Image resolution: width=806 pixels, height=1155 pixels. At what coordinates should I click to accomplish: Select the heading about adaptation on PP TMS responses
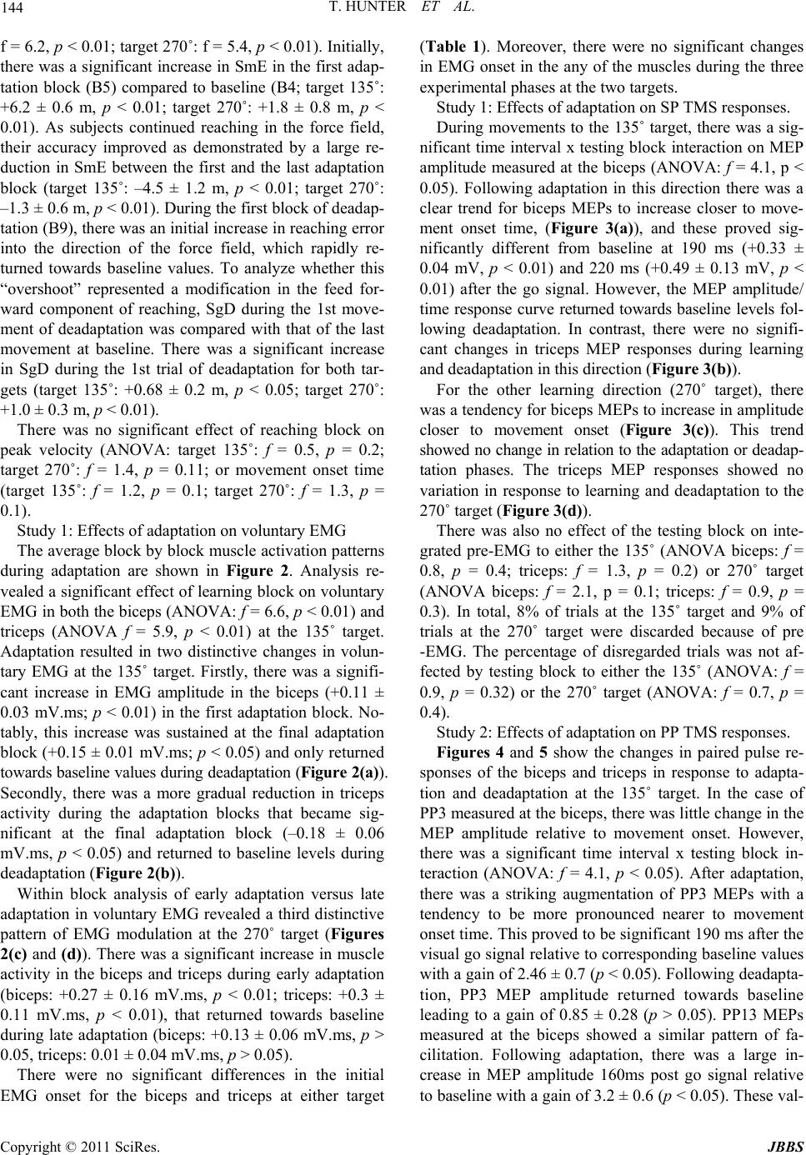tap(613, 733)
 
